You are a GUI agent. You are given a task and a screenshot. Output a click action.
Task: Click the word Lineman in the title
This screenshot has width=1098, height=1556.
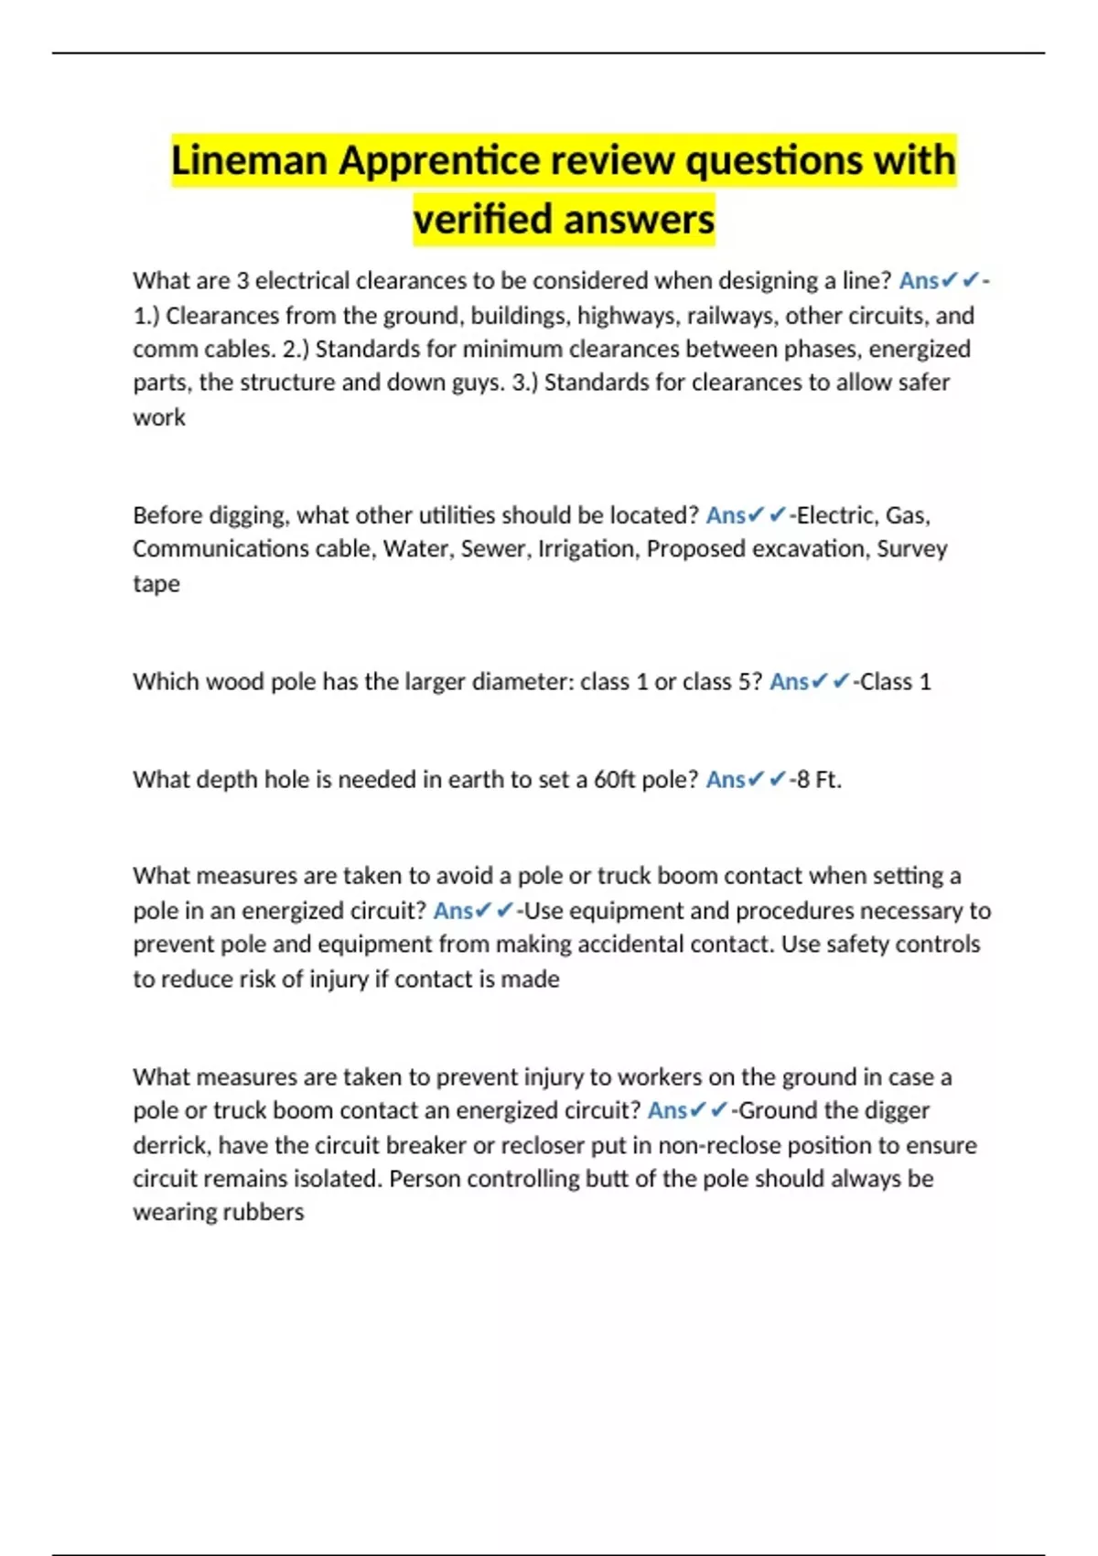pos(249,161)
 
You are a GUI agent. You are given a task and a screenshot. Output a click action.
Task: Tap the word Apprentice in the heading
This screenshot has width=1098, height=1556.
pos(439,161)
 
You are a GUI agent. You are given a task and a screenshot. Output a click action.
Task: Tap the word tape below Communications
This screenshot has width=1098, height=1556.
pos(156,584)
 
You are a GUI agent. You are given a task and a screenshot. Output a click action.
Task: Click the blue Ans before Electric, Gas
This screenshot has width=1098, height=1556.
pos(726,515)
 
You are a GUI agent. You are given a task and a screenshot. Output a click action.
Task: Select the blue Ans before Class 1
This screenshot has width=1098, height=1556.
pos(789,682)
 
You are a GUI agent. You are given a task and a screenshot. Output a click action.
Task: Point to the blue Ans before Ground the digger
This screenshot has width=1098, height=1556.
pos(667,1110)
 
